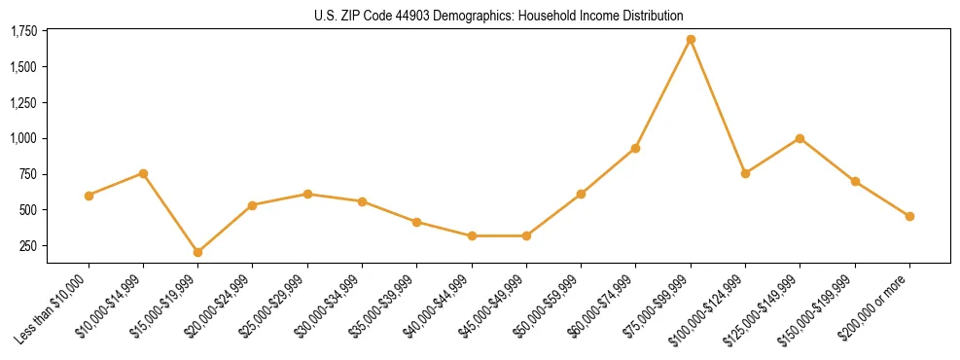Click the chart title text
[x=499, y=16]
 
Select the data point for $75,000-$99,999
[x=691, y=40]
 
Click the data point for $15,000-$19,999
[x=197, y=252]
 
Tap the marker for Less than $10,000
[x=89, y=196]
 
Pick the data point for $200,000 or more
[x=909, y=216]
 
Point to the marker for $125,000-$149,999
[x=800, y=138]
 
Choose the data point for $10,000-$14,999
[x=143, y=173]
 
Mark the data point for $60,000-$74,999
[x=635, y=148]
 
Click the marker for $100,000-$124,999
[x=745, y=173]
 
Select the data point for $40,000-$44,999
[x=472, y=235]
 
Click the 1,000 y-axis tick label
[x=23, y=138]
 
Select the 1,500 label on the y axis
[x=23, y=67]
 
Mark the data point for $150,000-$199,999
[x=855, y=181]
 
